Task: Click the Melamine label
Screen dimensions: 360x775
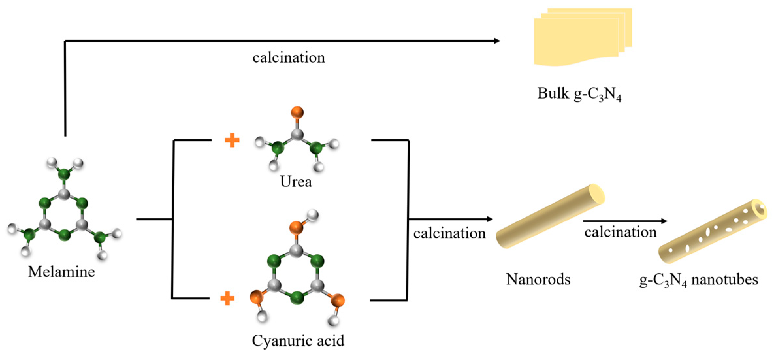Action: [x=61, y=272]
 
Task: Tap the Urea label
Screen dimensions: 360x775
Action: [x=296, y=182]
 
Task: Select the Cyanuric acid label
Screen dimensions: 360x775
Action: [x=298, y=341]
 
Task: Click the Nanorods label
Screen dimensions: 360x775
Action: [x=538, y=279]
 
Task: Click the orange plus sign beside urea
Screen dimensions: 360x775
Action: [x=232, y=141]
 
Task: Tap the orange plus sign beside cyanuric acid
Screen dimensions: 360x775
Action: [x=228, y=299]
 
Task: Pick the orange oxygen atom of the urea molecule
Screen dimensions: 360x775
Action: [x=297, y=112]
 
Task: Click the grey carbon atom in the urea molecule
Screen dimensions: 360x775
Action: [x=297, y=134]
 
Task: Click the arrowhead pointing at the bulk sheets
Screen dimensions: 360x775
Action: [x=497, y=41]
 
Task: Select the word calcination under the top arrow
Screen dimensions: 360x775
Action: [x=289, y=58]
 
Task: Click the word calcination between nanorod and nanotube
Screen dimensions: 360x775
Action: [x=620, y=232]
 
